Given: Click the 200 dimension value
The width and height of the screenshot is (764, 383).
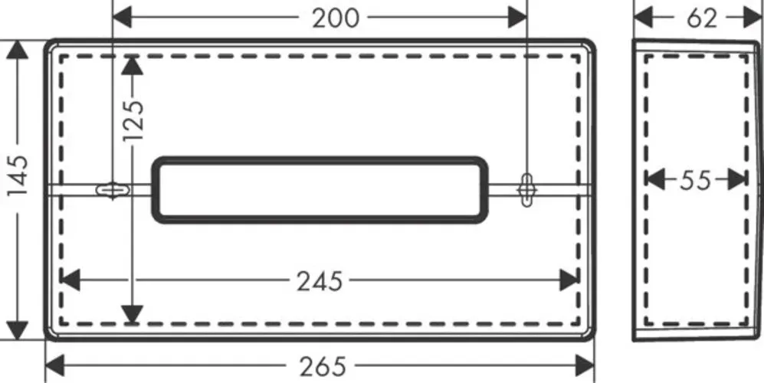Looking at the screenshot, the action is click(x=335, y=18).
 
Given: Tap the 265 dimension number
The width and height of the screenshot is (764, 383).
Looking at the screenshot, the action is click(x=323, y=366).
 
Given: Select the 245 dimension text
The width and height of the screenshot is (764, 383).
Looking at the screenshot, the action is click(x=320, y=281).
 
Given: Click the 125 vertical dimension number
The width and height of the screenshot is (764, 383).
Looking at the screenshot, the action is click(x=133, y=121).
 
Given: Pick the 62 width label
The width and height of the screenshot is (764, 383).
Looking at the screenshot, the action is click(x=702, y=18).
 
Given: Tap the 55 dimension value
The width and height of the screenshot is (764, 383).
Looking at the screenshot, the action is click(x=695, y=181).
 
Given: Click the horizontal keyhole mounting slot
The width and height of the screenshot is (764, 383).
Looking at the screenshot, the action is click(x=113, y=189).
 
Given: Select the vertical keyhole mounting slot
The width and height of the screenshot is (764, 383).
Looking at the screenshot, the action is click(x=526, y=189).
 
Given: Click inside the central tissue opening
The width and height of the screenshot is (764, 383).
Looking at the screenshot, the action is click(x=320, y=190).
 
